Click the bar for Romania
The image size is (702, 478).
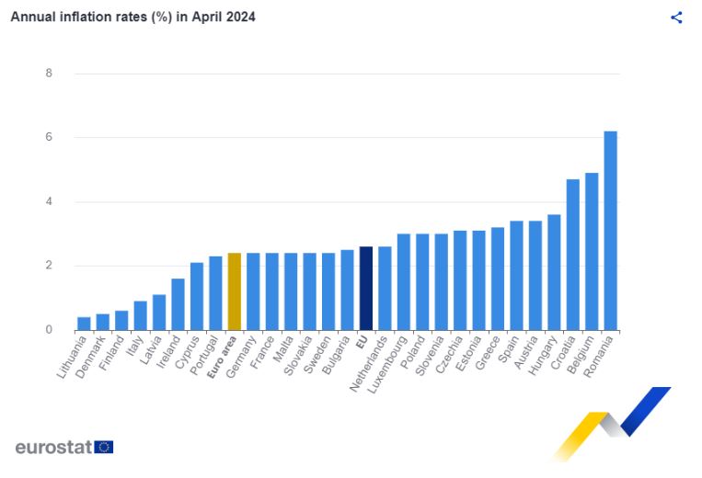tap(610, 231)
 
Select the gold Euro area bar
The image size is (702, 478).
tap(234, 291)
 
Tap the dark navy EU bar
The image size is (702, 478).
tap(365, 288)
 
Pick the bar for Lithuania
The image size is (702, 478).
tap(84, 324)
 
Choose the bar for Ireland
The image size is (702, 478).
tap(178, 304)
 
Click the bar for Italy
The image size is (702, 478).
tap(140, 315)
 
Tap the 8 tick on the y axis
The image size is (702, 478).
tap(49, 74)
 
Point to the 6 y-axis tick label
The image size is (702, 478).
tap(49, 138)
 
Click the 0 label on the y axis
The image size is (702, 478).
tap(49, 330)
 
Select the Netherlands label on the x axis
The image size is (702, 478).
tap(370, 365)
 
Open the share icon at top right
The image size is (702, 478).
tap(676, 17)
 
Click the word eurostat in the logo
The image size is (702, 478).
tap(53, 448)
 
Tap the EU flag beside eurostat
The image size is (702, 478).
tap(104, 448)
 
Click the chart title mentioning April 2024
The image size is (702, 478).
tap(133, 17)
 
